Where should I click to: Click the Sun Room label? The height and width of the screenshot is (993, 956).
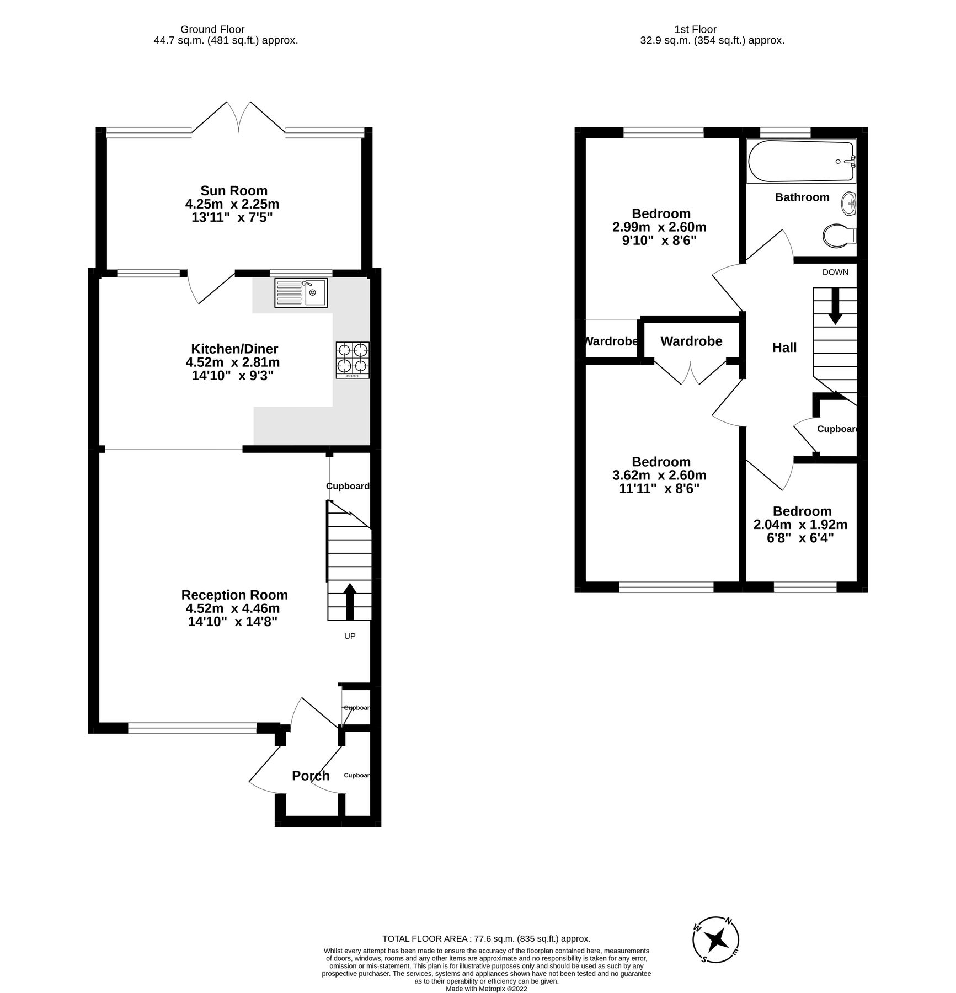click(x=234, y=191)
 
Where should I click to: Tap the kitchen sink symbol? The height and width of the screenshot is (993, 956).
click(x=301, y=292)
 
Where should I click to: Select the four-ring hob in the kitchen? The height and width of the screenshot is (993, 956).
click(x=353, y=360)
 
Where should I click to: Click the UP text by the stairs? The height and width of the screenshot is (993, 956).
click(x=350, y=636)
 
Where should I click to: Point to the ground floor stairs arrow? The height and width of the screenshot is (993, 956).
click(x=350, y=601)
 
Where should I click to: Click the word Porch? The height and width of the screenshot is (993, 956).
click(x=311, y=776)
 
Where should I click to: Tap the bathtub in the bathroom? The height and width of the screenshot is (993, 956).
click(x=801, y=161)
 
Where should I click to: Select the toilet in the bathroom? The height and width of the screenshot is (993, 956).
click(x=838, y=236)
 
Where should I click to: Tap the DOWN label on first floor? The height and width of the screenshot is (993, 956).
click(x=835, y=272)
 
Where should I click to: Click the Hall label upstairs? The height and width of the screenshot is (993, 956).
click(x=784, y=348)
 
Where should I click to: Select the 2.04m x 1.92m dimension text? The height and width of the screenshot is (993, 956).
click(x=800, y=525)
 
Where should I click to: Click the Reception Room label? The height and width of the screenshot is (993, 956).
click(x=234, y=595)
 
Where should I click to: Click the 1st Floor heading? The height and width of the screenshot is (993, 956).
click(x=695, y=29)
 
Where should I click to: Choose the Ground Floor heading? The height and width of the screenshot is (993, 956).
click(x=212, y=29)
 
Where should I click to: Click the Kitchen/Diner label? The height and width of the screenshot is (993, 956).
click(x=234, y=349)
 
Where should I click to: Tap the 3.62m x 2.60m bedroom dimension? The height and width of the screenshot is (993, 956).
click(x=659, y=475)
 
